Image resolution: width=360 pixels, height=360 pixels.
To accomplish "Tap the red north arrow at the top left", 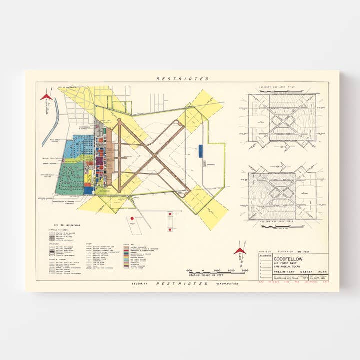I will [47, 96].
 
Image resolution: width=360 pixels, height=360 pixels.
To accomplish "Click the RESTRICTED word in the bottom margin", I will [182, 283].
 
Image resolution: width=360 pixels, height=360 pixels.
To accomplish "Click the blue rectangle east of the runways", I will [200, 150].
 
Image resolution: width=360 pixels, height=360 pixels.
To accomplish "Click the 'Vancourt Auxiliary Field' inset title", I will [282, 87].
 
